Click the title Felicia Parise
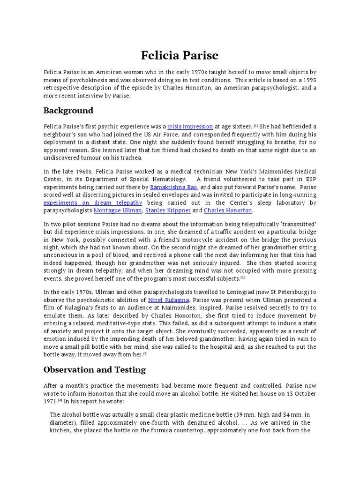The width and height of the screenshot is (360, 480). pyautogui.click(x=180, y=55)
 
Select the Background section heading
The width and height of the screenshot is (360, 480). pyautogui.click(x=68, y=111)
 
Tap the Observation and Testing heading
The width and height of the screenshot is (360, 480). pyautogui.click(x=95, y=369)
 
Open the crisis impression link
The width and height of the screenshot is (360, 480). pyautogui.click(x=190, y=127)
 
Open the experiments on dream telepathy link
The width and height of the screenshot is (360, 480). pyautogui.click(x=93, y=202)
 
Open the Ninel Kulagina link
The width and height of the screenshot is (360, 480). pyautogui.click(x=168, y=300)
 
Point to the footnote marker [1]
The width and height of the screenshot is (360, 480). pyautogui.click(x=256, y=126)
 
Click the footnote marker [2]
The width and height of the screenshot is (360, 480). pyautogui.click(x=243, y=277)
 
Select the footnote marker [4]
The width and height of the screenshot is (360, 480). pyautogui.click(x=60, y=401)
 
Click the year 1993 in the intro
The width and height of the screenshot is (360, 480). pyautogui.click(x=309, y=80)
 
